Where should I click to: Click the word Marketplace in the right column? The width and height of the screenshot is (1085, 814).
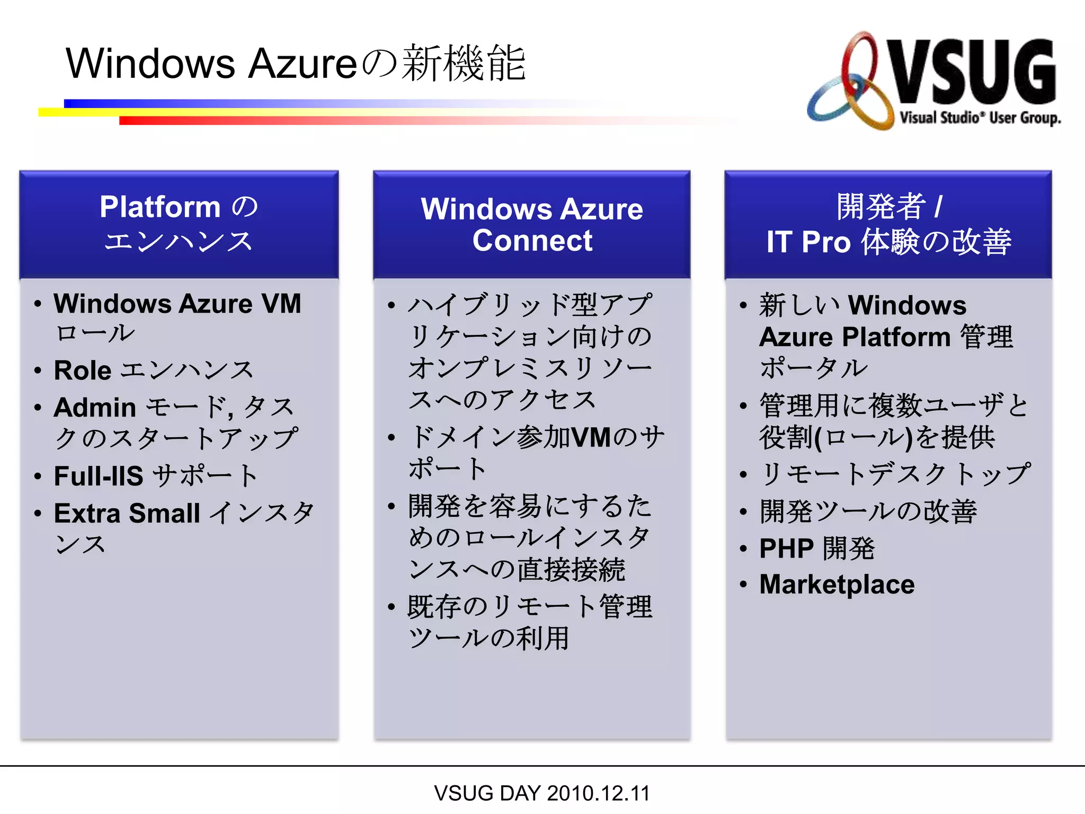[837, 585]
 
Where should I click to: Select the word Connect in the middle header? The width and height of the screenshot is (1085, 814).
[532, 241]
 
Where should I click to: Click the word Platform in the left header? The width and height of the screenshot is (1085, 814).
[159, 207]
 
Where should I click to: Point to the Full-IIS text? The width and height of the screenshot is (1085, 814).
[98, 476]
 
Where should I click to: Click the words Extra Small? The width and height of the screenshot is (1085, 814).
[127, 513]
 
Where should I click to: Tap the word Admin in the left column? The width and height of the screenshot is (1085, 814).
[95, 408]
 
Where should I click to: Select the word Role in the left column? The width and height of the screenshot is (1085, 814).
[82, 370]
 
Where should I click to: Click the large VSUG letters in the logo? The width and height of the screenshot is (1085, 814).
[972, 72]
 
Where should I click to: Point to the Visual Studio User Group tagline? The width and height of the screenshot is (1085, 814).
[980, 118]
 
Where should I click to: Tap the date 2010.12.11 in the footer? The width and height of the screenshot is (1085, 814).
[598, 793]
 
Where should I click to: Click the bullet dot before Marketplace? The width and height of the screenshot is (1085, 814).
[743, 585]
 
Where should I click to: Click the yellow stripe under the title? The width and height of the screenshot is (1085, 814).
[79, 112]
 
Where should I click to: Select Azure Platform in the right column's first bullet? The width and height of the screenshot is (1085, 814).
[855, 337]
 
